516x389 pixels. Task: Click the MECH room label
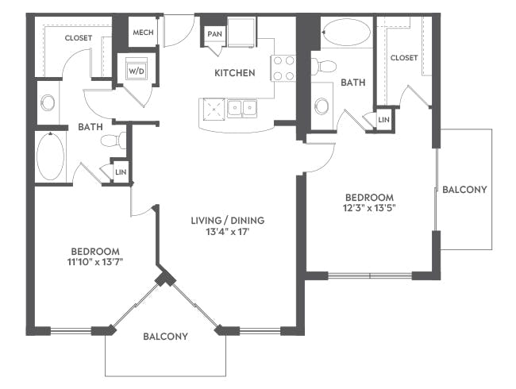143,33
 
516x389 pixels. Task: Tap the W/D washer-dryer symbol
137,71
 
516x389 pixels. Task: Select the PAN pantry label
214,34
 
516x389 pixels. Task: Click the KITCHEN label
235,73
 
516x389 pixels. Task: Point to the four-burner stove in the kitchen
283,68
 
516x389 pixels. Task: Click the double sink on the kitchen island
242,108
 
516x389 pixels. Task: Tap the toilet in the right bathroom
323,66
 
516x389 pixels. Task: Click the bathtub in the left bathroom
50,156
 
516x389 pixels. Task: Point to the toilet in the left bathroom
114,141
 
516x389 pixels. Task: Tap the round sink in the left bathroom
48,102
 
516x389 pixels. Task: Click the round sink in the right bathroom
322,106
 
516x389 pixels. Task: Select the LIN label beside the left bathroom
121,171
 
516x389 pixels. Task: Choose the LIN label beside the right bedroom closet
383,120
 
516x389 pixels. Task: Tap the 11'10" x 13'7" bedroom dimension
94,262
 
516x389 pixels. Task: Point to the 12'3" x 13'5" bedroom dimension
370,208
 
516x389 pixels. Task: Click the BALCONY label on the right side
464,190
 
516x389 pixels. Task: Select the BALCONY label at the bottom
166,337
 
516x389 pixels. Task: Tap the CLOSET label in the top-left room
79,38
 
